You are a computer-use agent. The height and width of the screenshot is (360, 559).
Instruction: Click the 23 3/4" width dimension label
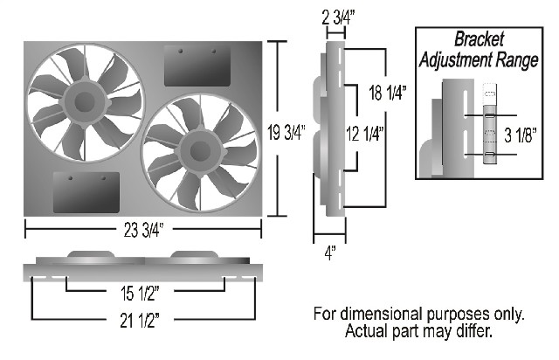pyautogui.click(x=143, y=230)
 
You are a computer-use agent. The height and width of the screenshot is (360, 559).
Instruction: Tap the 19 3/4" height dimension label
pyautogui.click(x=286, y=133)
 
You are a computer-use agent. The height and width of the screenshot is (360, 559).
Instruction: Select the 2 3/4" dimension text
pyautogui.click(x=338, y=17)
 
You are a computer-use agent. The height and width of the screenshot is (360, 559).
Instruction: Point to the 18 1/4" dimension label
pyautogui.click(x=388, y=93)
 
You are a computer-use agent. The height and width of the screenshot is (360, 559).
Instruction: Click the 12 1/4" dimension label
pyautogui.click(x=364, y=134)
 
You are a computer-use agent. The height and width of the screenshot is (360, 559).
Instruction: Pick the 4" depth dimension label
pyautogui.click(x=330, y=253)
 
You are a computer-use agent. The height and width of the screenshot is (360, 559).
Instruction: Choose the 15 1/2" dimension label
pyautogui.click(x=140, y=294)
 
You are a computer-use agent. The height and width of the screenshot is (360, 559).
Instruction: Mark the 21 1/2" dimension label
pyautogui.click(x=140, y=321)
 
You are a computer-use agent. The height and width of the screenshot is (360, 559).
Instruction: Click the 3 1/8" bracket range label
pyautogui.click(x=521, y=135)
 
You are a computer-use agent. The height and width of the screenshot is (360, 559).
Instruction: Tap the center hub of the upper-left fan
pyautogui.click(x=85, y=102)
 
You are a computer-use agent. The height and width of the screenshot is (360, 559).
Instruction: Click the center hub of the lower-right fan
pyautogui.click(x=200, y=152)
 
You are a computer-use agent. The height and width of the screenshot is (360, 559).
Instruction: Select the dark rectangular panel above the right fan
pyautogui.click(x=197, y=66)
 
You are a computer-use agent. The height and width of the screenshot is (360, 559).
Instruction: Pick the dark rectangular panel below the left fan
pyautogui.click(x=86, y=192)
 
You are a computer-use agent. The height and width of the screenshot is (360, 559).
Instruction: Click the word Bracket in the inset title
pyautogui.click(x=480, y=38)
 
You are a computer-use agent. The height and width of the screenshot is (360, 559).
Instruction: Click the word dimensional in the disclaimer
pyautogui.click(x=383, y=314)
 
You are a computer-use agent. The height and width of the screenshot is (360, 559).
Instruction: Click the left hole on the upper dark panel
pyautogui.click(x=181, y=51)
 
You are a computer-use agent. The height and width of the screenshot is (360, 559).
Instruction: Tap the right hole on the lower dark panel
pyautogui.click(x=103, y=177)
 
